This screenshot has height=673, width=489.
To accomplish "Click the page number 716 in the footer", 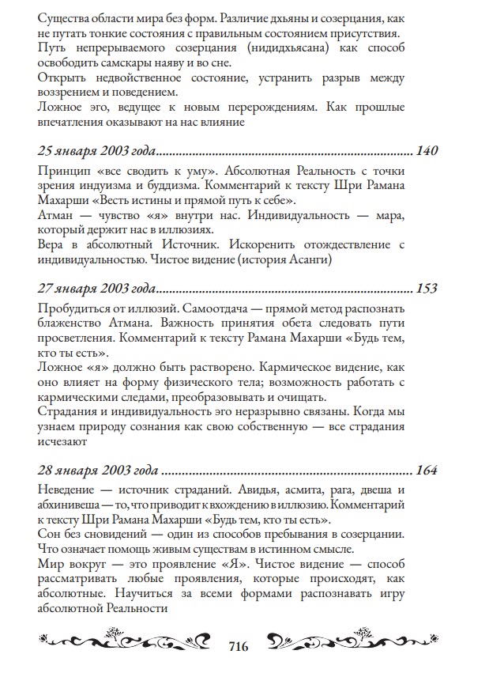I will pos(238,646).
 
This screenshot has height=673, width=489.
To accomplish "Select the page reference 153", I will pos(426,289).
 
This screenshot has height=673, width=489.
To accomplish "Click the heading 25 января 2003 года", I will pos(96,151).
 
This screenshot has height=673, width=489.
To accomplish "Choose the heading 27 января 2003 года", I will pos(96,289).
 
